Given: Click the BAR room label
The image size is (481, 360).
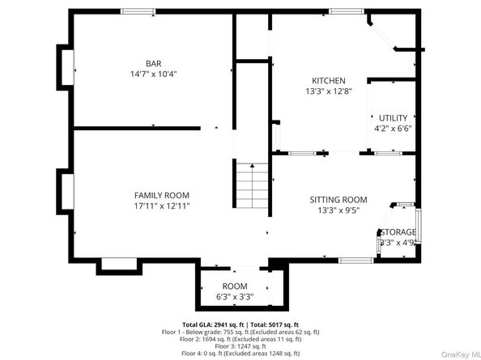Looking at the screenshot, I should click(153, 63).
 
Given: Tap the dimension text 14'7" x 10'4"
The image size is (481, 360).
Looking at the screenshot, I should click(153, 74).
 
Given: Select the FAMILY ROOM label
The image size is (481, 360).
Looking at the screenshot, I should click(161, 195).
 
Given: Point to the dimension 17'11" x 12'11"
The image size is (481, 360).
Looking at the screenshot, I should click(161, 205).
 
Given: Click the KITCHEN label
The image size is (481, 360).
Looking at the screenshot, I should click(329, 81).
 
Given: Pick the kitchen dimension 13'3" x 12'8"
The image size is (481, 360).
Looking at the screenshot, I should click(329, 91).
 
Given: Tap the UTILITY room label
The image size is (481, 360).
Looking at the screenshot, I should click(392, 117).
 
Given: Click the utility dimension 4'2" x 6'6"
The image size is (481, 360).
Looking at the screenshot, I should click(392, 128).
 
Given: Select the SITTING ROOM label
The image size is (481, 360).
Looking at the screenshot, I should click(338, 200).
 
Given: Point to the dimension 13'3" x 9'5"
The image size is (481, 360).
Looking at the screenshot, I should click(338, 210).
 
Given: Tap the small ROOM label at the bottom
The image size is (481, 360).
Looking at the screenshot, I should click(235, 286).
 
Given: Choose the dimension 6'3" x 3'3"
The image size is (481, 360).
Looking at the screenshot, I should click(235, 297).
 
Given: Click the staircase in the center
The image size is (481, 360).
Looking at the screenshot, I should click(252, 185).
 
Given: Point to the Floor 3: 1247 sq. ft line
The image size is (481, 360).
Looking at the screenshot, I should click(240, 346).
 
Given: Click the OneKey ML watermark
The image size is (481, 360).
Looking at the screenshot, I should click(456, 354).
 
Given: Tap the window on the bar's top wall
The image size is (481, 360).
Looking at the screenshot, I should click(138, 11).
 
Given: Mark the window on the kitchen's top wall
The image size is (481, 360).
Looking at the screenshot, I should click(345, 11).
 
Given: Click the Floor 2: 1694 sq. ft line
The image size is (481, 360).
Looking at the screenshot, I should click(240, 339).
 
